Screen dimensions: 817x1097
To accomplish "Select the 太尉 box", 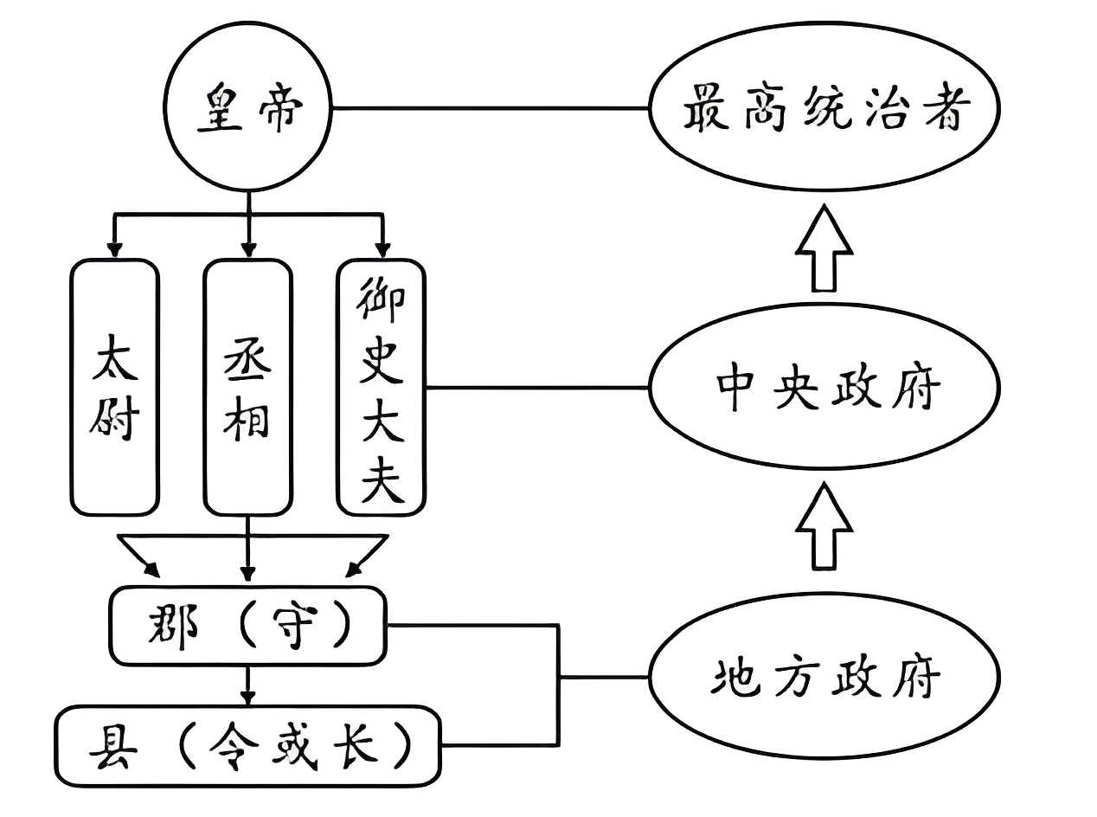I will coord(115,387).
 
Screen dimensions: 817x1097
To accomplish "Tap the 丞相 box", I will coord(248,387).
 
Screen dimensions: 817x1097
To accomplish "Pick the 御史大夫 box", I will coord(381,387).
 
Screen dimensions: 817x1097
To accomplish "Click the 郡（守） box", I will coord(247,625).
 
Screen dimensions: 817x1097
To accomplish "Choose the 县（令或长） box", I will coord(247,745).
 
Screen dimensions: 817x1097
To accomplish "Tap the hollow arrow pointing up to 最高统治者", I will coord(824,249).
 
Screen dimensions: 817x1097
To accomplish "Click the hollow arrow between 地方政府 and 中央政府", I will coord(824,525).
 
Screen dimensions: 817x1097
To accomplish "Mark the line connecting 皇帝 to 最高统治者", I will coord(491,108).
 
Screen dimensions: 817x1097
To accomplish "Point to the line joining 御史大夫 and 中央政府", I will coord(536,388).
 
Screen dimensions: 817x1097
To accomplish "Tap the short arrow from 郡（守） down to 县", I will coord(248,688).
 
